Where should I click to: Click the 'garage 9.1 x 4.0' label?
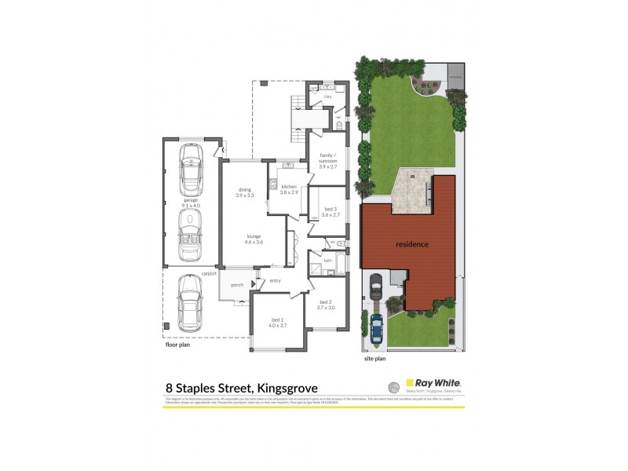tap(192, 203)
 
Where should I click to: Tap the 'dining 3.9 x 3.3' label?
tap(244, 192)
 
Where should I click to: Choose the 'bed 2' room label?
tap(326, 305)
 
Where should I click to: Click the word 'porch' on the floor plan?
tap(234, 284)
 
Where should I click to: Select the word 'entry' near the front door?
tap(275, 281)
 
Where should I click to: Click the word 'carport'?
tap(208, 273)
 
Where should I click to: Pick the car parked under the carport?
tap(189, 302)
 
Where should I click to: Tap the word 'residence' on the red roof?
tap(412, 244)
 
